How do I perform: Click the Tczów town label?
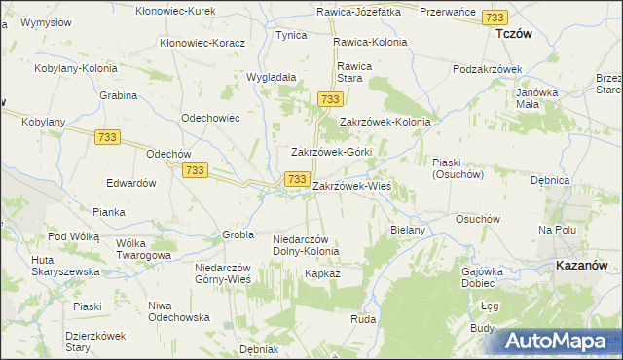pyautogui.click(x=513, y=33)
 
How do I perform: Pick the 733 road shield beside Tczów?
pyautogui.click(x=495, y=18)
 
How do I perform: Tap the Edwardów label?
pyautogui.click(x=131, y=183)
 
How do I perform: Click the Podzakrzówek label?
pyautogui.click(x=488, y=70)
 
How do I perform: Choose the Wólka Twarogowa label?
pyautogui.click(x=143, y=249)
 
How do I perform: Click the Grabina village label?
pyautogui.click(x=117, y=95)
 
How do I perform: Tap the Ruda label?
pyautogui.click(x=363, y=319)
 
